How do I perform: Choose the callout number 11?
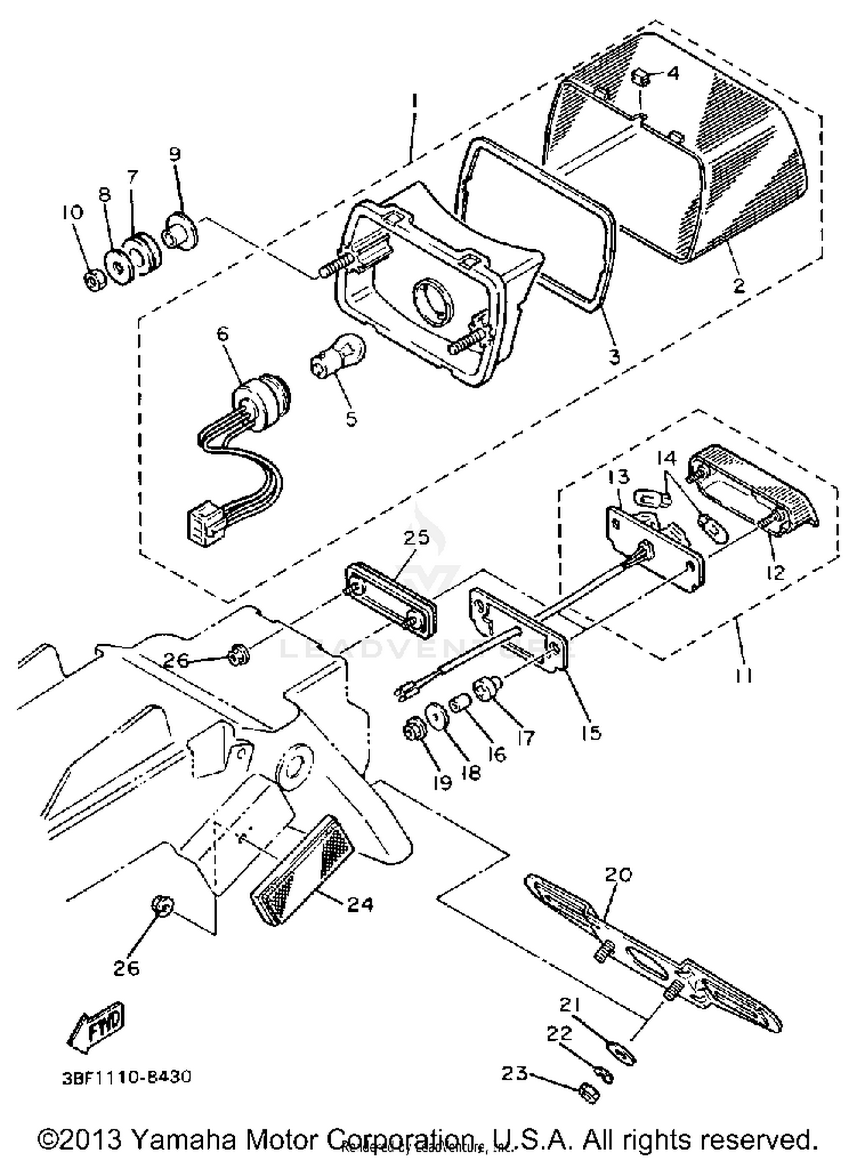click(743, 676)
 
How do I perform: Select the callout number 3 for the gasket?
click(614, 357)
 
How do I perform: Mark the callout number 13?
click(619, 476)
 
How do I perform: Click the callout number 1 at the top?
click(415, 103)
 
